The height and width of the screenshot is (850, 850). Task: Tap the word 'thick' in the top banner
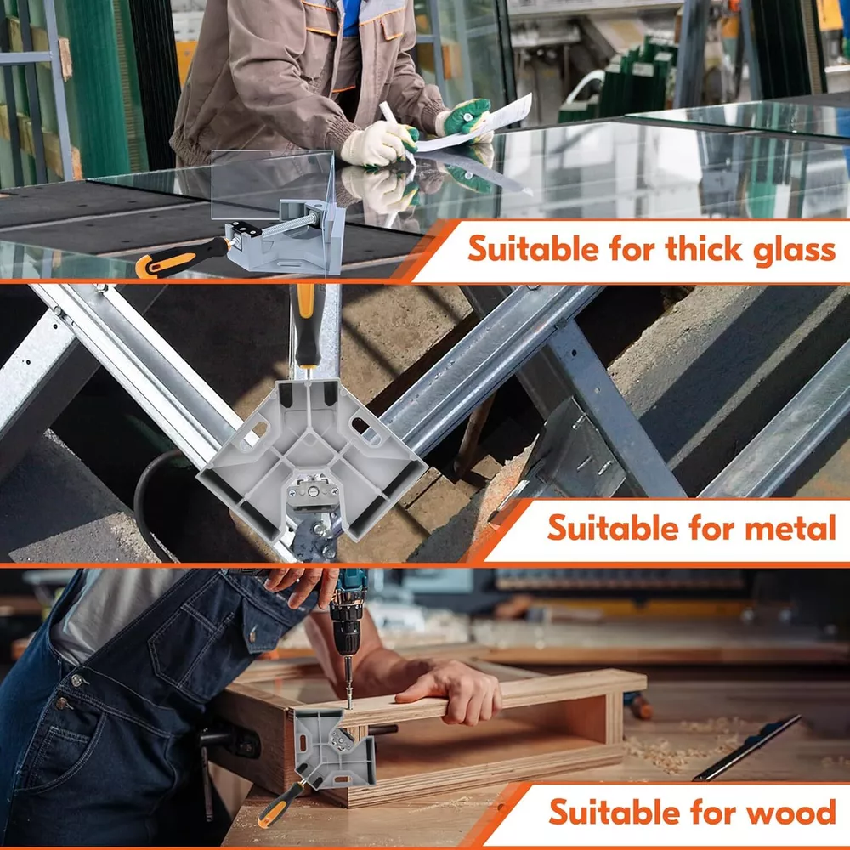pyautogui.click(x=704, y=248)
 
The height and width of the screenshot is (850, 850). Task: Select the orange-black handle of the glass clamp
pyautogui.click(x=182, y=258)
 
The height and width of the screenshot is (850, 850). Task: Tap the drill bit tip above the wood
pyautogui.click(x=349, y=705)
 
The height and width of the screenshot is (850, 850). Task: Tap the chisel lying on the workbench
pyautogui.click(x=747, y=747)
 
